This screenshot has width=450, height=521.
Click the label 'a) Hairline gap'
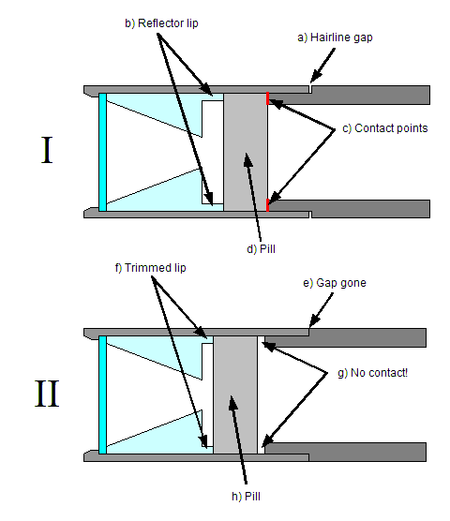[335, 37]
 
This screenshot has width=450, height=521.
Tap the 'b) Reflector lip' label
[161, 23]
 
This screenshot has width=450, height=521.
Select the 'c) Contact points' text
[385, 128]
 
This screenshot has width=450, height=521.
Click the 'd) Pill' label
[261, 249]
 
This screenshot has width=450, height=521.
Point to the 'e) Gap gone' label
[335, 283]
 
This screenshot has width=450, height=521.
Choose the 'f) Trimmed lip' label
[151, 268]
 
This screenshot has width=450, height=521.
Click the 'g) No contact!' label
[372, 373]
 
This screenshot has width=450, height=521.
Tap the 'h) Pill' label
[246, 497]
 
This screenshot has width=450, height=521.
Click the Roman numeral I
[47, 150]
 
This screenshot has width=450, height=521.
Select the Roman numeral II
[47, 394]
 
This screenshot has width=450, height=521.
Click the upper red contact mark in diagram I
[267, 98]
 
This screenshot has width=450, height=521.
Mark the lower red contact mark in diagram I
[267, 205]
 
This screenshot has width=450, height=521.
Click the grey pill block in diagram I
[246, 152]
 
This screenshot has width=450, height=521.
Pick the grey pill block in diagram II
[235, 394]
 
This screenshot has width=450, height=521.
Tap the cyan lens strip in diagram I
[103, 152]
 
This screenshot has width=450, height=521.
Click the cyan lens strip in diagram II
[103, 394]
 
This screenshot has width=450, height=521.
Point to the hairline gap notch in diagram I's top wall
[310, 89]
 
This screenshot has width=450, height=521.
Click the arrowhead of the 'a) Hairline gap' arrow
[315, 76]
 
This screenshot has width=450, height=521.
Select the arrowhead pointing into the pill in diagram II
[233, 402]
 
